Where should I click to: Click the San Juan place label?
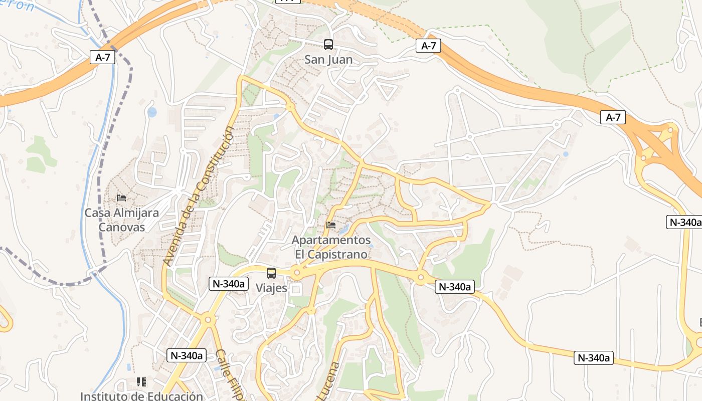click(328, 60)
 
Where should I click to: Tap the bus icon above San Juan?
click(328, 45)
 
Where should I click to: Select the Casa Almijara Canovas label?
click(121, 220)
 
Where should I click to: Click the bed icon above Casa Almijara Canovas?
click(121, 198)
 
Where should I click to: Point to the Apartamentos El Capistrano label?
click(331, 247)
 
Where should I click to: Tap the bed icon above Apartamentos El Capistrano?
click(331, 225)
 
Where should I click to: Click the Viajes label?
click(271, 288)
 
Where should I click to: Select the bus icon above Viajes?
click(271, 273)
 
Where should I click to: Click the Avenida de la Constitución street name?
click(199, 195)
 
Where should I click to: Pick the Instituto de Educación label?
click(141, 396)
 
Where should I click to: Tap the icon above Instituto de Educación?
click(141, 382)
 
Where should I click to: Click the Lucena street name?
click(328, 381)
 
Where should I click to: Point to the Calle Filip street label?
click(231, 373)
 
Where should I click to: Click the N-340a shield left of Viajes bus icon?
click(229, 284)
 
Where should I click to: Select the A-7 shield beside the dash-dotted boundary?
click(102, 57)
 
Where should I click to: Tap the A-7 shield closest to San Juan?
click(428, 46)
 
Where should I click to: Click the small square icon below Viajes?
click(296, 290)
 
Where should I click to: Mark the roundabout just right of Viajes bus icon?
click(297, 274)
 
